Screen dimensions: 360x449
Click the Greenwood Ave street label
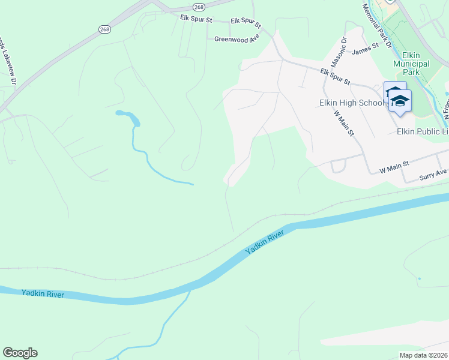click(237, 38)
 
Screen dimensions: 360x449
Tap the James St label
click(366, 48)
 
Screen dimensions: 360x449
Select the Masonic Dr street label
click(339, 53)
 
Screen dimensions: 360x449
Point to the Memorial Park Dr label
click(377, 26)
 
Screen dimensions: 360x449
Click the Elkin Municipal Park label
click(411, 64)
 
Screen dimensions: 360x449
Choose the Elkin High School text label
click(351, 103)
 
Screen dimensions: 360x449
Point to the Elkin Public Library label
click(423, 131)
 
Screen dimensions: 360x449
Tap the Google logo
click(20, 353)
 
